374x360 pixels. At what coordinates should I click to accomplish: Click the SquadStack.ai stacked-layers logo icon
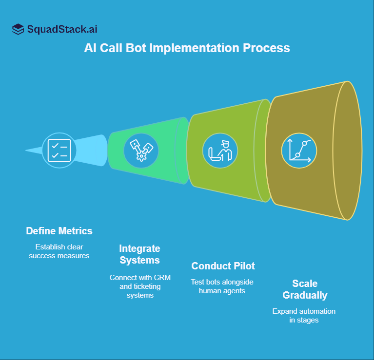[18, 29]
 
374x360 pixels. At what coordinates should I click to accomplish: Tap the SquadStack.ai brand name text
[62, 29]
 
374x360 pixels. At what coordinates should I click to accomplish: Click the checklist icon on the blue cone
[59, 150]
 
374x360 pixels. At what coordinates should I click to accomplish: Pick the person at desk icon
[220, 150]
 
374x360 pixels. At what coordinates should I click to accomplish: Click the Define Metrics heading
[59, 230]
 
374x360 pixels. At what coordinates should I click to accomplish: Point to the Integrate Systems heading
[140, 254]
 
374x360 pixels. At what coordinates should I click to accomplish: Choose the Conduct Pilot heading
[223, 266]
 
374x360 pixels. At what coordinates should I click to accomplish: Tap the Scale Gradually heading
[305, 289]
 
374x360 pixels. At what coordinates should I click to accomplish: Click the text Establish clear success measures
[59, 251]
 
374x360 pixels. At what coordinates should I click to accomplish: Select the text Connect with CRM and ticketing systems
[140, 286]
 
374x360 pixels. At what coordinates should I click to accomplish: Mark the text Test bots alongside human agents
[223, 286]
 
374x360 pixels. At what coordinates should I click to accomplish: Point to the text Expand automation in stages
[304, 316]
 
